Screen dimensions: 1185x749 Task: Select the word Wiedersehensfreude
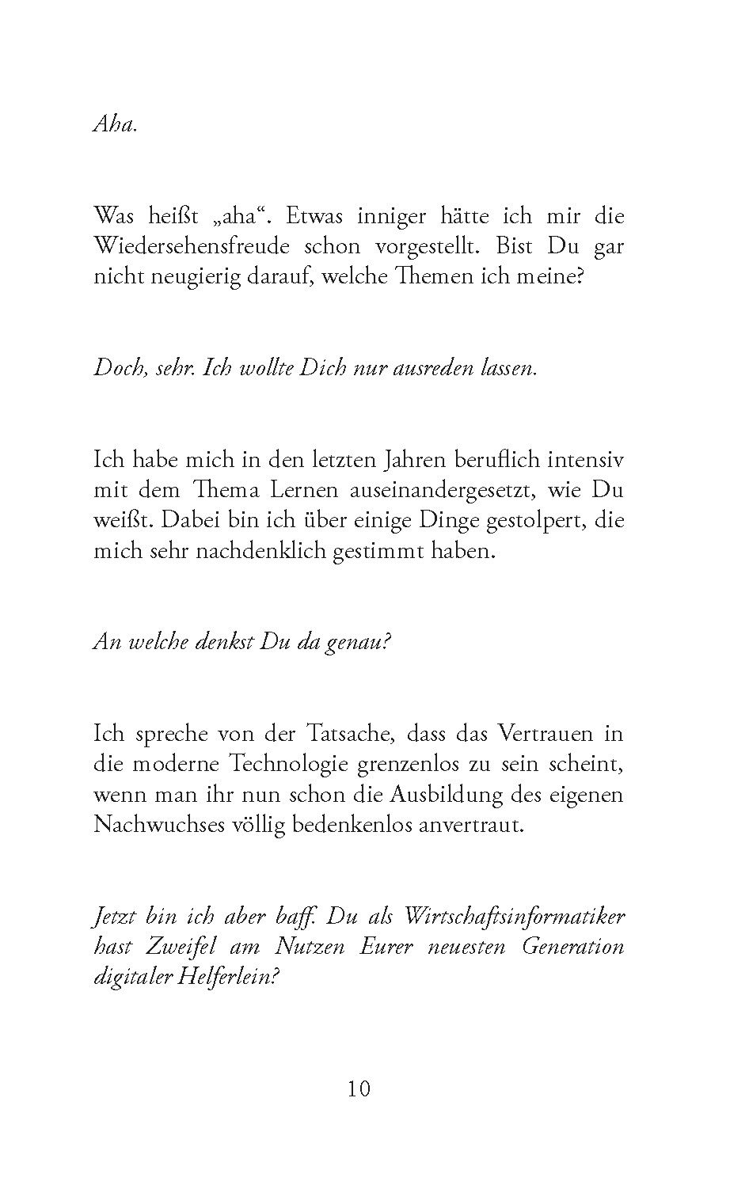pos(186,246)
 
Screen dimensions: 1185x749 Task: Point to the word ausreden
pos(427,369)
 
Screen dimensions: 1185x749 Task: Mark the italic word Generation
pos(572,947)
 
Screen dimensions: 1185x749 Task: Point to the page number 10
pos(359,1089)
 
